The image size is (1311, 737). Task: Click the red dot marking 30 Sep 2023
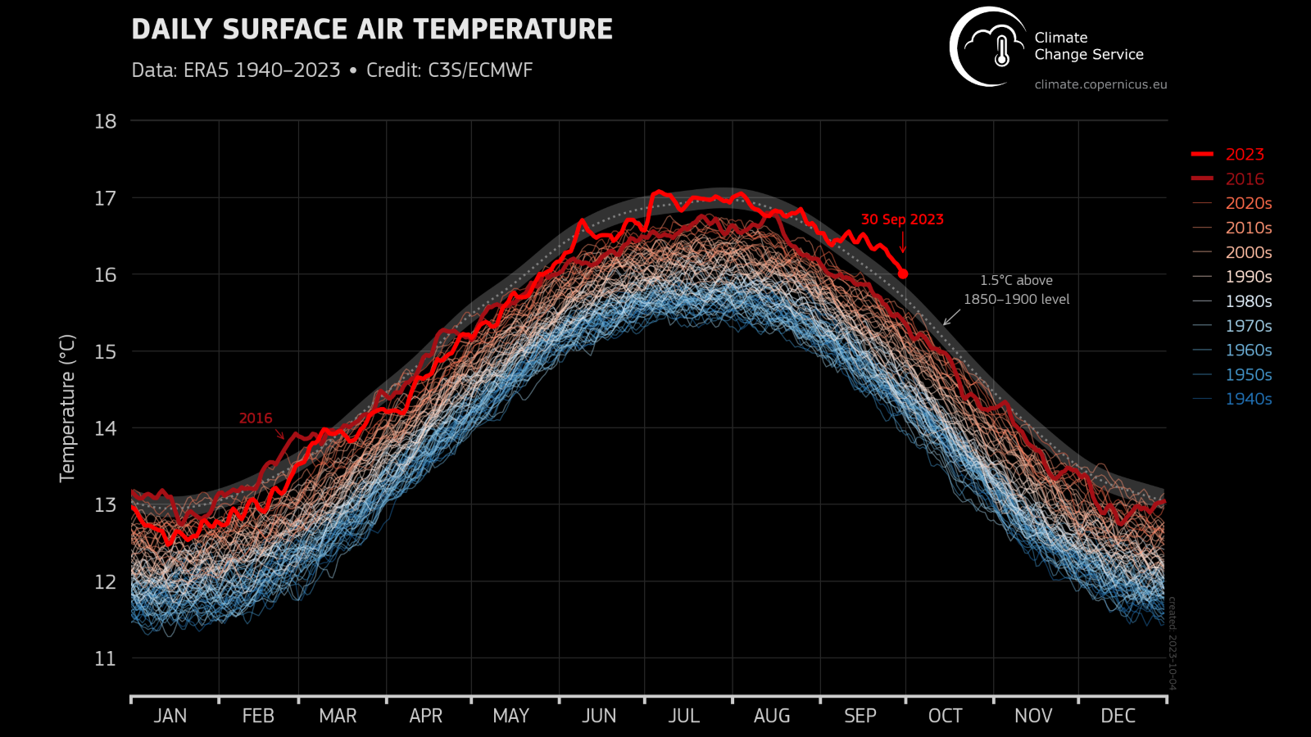pos(903,274)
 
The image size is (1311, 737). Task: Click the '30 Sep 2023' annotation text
pos(902,219)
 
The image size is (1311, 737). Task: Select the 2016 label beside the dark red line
pos(256,418)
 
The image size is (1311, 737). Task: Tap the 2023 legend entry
pos(1244,154)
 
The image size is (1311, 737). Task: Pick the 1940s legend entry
pos(1248,399)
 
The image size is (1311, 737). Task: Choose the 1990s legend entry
pos(1248,277)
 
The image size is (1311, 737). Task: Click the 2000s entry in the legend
pos(1248,252)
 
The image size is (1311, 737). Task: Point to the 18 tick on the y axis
pos(106,121)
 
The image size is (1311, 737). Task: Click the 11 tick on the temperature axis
pos(106,658)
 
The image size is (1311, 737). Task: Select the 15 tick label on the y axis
pos(106,351)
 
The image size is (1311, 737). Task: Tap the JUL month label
pos(683,716)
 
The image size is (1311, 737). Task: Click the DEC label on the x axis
pos(1118,716)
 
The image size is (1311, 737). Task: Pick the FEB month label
pos(258,716)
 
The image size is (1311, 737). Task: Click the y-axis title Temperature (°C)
pos(67,408)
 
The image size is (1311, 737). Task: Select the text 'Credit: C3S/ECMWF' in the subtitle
pos(449,70)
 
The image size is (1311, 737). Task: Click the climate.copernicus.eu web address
pos(1100,84)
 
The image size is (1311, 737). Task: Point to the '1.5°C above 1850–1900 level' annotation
pos(1016,290)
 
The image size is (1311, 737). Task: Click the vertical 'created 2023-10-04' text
pos(1172,643)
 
